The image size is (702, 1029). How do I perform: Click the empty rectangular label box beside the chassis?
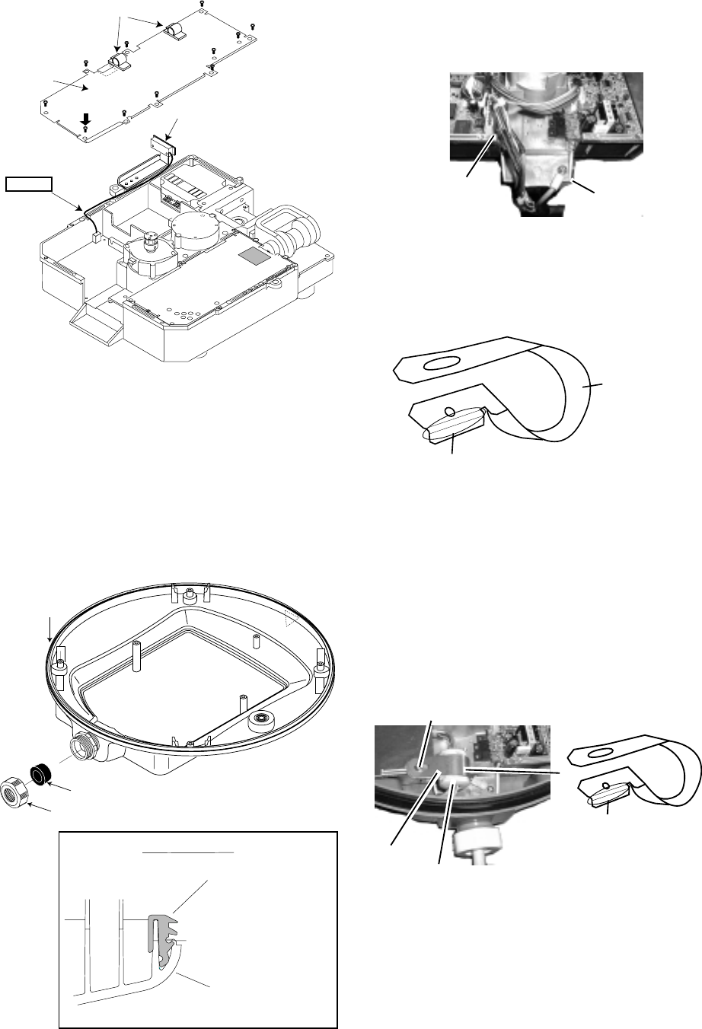click(x=30, y=183)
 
